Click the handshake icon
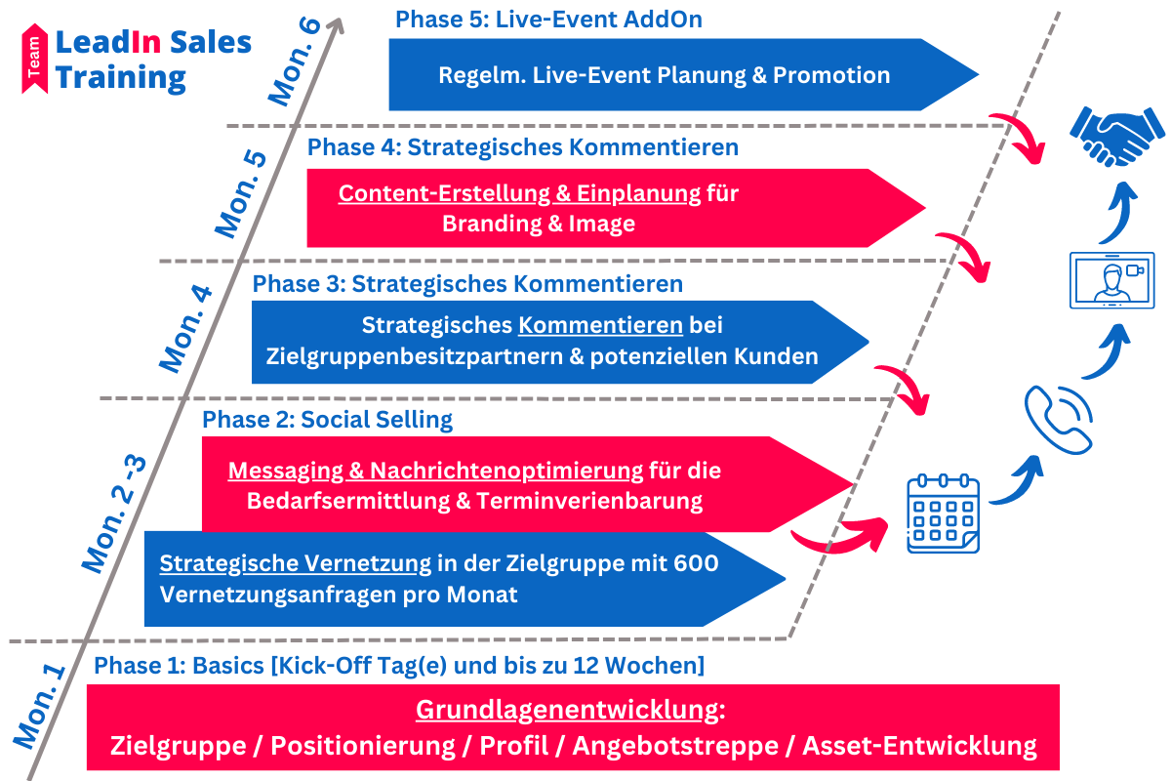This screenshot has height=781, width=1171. point(1116,137)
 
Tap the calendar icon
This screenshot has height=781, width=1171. point(943,514)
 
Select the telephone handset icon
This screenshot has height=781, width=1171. point(1058,420)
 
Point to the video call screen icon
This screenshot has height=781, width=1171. point(1111,280)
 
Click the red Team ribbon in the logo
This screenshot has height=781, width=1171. point(34,59)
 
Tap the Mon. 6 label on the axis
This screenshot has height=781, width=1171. point(295,62)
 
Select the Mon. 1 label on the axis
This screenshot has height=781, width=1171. point(39,706)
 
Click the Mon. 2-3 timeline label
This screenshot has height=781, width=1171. point(114,514)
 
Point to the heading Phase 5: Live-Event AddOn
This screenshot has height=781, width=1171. point(548,20)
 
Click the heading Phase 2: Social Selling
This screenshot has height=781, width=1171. point(327,420)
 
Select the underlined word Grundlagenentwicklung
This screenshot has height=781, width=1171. point(567,710)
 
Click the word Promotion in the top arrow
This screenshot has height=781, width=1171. point(831,75)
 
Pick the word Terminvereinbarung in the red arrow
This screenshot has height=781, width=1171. point(589,501)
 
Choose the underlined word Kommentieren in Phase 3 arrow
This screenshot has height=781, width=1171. point(601,325)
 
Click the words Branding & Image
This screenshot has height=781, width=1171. point(539,224)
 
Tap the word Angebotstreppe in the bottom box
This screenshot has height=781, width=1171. point(675,746)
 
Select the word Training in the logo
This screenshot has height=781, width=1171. point(120,78)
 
